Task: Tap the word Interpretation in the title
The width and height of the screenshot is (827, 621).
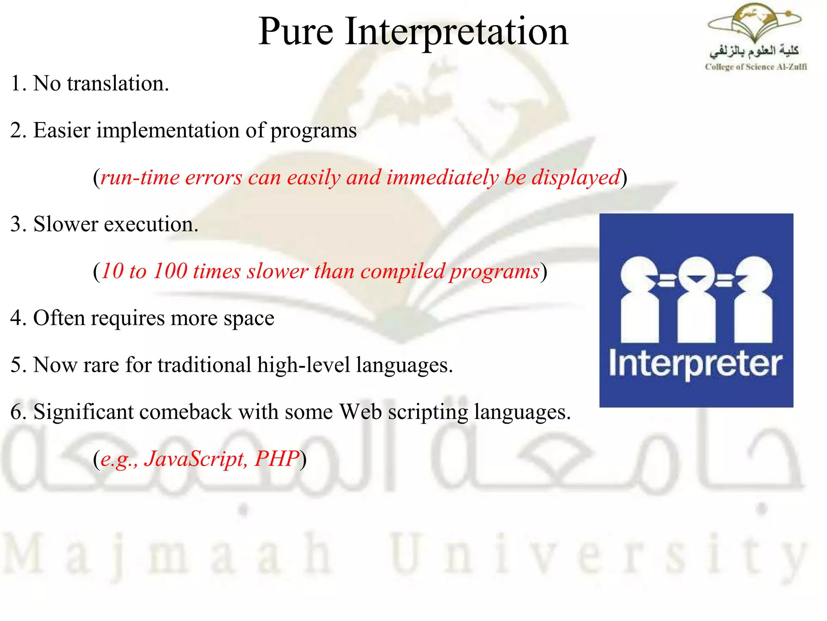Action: click(456, 32)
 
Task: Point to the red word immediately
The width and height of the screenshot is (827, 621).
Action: click(442, 178)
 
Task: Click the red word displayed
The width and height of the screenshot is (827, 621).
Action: click(576, 178)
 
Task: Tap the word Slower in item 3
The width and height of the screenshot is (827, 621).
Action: click(66, 224)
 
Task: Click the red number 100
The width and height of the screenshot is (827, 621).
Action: click(170, 271)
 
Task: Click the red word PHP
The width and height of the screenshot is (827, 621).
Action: click(277, 459)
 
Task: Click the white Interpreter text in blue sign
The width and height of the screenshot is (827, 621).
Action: click(695, 364)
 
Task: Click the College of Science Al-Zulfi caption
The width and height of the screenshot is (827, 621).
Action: click(756, 67)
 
